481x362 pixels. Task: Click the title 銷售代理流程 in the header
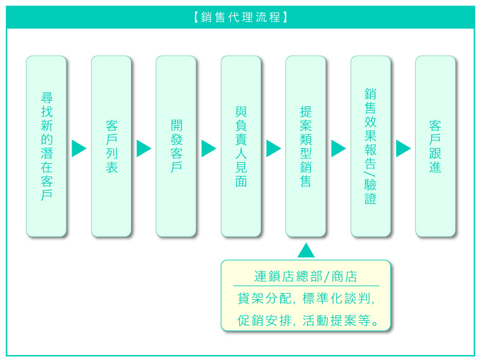(240, 17)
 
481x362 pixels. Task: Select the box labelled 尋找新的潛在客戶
(46, 146)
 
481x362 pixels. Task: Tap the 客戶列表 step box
(111, 146)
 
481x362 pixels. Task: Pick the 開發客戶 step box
(176, 146)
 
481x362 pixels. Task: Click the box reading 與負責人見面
(241, 146)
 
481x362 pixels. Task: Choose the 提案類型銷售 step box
(306, 146)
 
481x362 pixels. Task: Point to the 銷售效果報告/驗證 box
(371, 146)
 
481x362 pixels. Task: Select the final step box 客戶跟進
(435, 146)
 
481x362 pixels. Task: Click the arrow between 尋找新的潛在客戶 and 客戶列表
(79, 149)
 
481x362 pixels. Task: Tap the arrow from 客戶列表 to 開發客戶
(144, 149)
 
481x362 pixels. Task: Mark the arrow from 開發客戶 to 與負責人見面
(209, 149)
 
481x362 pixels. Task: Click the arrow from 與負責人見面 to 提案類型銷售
(273, 149)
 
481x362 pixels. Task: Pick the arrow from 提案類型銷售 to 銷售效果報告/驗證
(339, 149)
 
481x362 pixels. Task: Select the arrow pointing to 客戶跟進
(403, 149)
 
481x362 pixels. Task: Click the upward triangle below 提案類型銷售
(306, 251)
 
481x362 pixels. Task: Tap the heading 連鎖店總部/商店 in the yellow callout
(306, 277)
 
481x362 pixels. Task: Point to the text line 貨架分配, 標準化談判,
(306, 298)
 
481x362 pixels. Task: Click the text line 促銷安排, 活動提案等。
(308, 321)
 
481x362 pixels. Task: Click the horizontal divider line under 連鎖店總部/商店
(306, 285)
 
